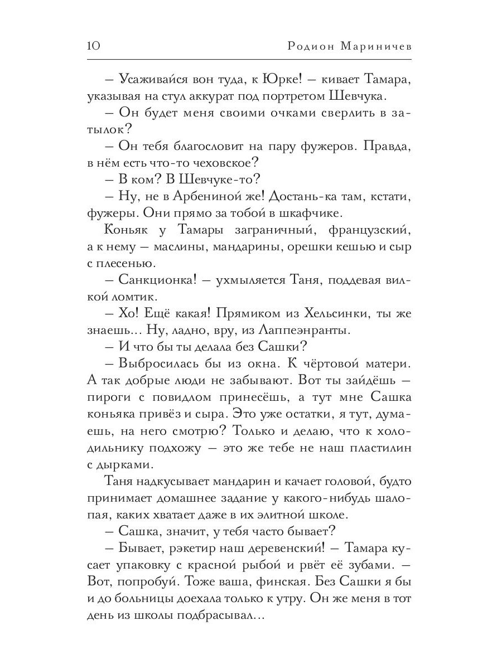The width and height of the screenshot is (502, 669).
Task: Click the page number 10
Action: (94, 46)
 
